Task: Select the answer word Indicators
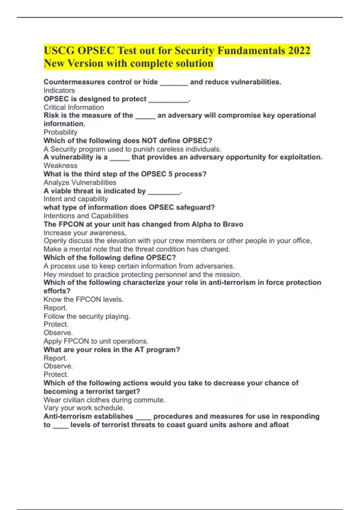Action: click(59, 90)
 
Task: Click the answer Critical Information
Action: click(73, 107)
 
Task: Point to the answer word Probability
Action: click(60, 132)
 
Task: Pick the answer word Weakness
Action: click(60, 165)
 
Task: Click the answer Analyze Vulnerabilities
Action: click(80, 182)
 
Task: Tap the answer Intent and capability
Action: click(76, 199)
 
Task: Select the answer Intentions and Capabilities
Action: click(86, 216)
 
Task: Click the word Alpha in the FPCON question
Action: click(202, 224)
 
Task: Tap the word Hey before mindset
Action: click(50, 274)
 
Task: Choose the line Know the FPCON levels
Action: click(83, 299)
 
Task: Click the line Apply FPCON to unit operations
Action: click(96, 341)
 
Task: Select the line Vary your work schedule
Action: click(84, 408)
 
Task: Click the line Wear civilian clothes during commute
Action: click(104, 400)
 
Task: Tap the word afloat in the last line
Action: click(279, 425)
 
